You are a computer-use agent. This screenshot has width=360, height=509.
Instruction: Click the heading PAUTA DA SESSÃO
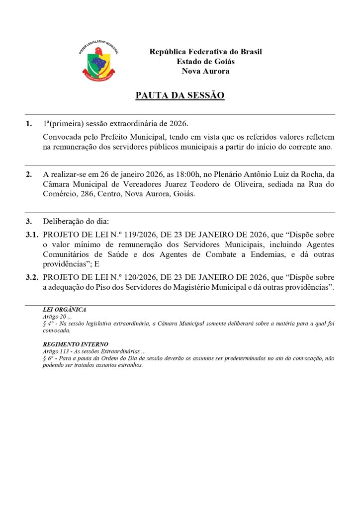[x=180, y=95]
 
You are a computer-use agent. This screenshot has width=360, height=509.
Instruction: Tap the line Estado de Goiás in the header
[x=205, y=62]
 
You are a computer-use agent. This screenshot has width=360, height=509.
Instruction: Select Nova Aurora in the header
[x=205, y=71]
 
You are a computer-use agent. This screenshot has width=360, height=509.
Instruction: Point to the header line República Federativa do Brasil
[x=205, y=52]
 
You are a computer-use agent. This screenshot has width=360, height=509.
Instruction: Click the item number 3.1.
[x=32, y=234]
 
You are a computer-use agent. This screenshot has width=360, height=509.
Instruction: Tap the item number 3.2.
[x=32, y=277]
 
